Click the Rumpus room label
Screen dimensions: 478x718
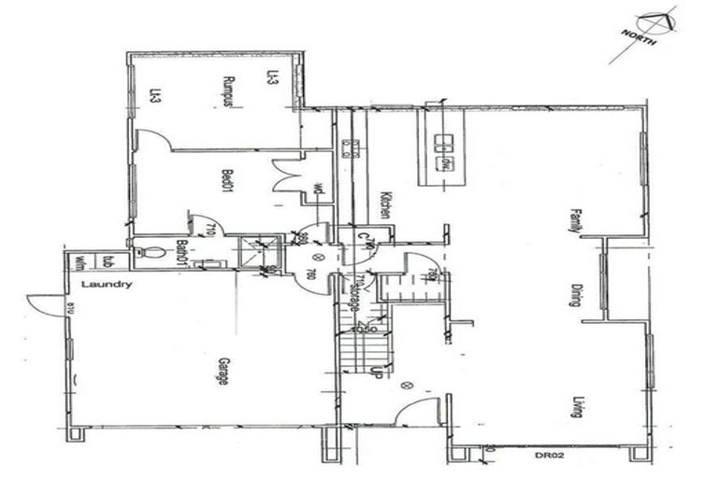pos(226,91)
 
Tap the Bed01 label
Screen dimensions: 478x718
pos(226,181)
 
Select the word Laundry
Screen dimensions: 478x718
pos(106,285)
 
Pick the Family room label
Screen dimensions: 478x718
pos(576,221)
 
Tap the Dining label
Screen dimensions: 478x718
pos(577,294)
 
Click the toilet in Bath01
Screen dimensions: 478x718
pos(148,252)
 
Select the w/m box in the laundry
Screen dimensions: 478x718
pos(80,262)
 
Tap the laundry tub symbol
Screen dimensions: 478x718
pos(108,261)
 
